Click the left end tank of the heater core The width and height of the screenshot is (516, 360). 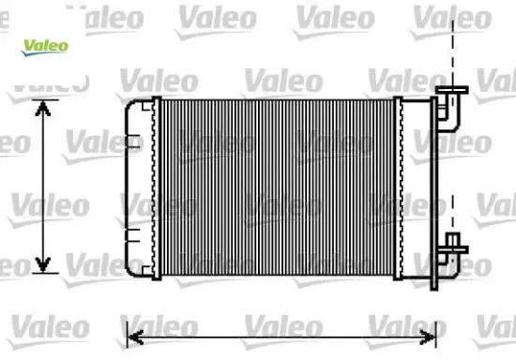[x=141, y=187]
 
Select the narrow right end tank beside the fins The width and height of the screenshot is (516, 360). [x=400, y=187]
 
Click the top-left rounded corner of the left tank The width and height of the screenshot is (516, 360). [x=129, y=102]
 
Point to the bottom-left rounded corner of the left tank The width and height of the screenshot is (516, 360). [x=129, y=271]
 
